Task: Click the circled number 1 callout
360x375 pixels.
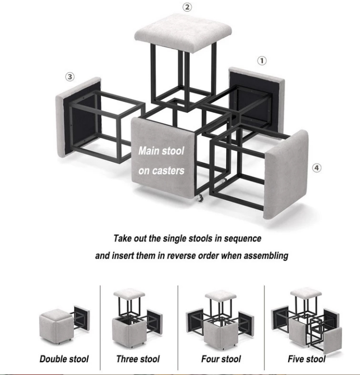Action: [x=261, y=61]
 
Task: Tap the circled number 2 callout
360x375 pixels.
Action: [x=187, y=7]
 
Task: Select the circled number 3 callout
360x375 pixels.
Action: [x=70, y=77]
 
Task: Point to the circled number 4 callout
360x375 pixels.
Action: [x=316, y=168]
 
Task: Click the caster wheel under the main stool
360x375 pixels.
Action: [x=201, y=198]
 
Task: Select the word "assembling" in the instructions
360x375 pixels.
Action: [x=265, y=256]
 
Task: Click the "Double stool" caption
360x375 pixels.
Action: [x=64, y=359]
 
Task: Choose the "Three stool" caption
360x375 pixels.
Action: [x=138, y=359]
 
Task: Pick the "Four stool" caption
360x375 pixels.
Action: [x=220, y=359]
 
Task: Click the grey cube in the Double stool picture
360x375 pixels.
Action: [x=56, y=326]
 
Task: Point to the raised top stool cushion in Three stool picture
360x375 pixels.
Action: [x=129, y=293]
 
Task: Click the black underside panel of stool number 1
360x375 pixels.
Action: [x=256, y=99]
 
